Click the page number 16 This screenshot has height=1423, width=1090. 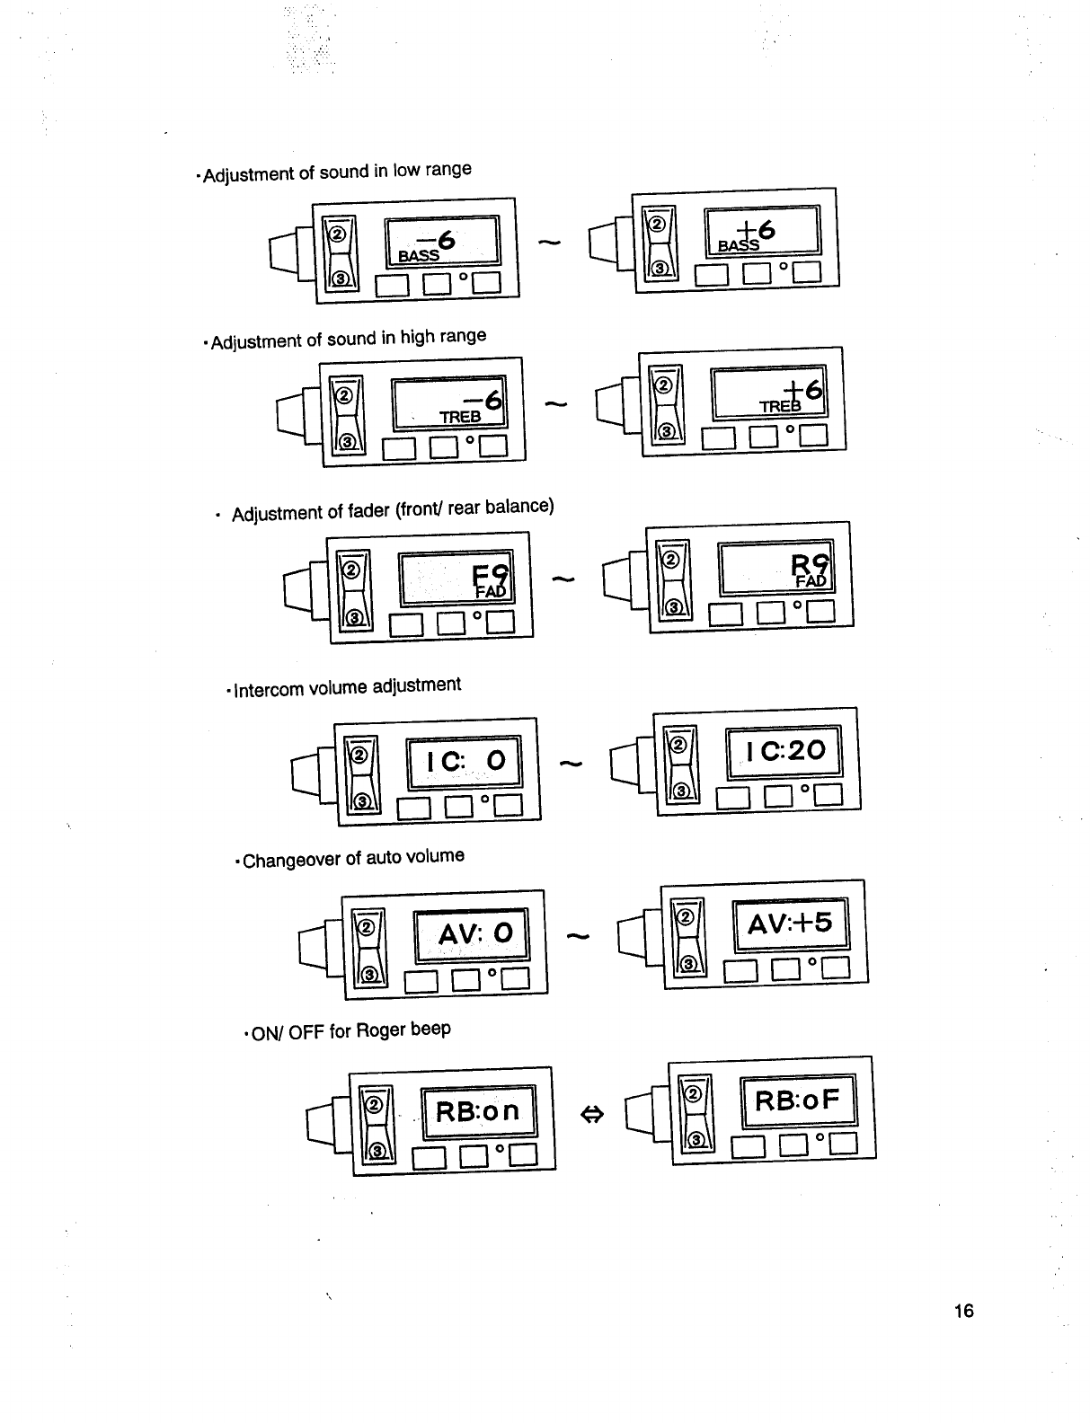coord(963,1311)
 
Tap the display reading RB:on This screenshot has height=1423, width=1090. coord(477,1111)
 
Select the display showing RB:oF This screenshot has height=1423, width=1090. coord(798,1100)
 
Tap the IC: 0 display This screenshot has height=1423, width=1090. coord(466,761)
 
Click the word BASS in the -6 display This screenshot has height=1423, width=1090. coord(419,255)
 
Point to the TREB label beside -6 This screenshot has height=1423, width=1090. coord(459,417)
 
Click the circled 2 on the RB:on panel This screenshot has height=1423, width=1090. coord(377,1102)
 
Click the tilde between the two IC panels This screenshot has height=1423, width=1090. coord(571,765)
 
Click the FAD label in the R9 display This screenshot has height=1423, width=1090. coord(811,580)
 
